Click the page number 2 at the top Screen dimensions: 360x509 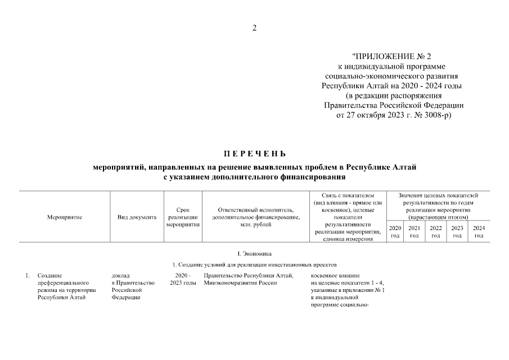tap(254, 29)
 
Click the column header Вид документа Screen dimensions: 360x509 tap(137, 217)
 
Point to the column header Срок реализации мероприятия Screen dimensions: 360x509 tap(183, 217)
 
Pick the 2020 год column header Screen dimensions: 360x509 tap(395, 232)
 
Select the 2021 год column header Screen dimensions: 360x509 tap(415, 232)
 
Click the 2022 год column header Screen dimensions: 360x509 tap(436, 232)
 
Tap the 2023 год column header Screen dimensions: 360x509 tap(457, 232)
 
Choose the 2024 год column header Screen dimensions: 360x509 tap(479, 232)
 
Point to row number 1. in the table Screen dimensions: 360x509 tap(26, 276)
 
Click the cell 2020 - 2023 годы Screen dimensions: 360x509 tap(183, 279)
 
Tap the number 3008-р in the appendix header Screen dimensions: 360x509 tap(436, 115)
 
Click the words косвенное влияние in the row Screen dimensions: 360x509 tap(334, 276)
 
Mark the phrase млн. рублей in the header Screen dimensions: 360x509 tap(255, 224)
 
